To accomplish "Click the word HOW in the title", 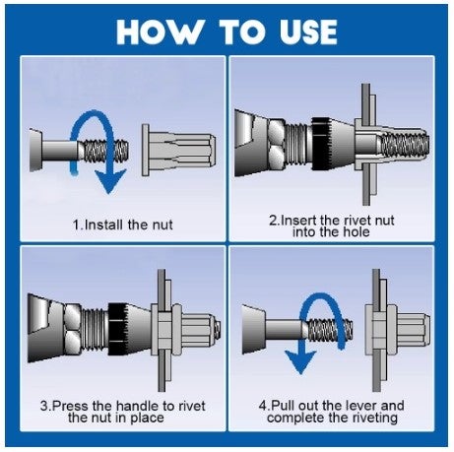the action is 160,32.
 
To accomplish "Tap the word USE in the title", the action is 308,32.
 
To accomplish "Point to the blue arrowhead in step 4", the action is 299,362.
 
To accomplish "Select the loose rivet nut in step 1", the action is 178,150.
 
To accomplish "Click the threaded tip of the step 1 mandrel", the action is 104,151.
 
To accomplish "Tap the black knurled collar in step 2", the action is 321,144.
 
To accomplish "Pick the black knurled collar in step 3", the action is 117,329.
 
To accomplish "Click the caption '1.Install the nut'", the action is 122,225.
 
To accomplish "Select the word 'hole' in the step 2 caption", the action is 356,232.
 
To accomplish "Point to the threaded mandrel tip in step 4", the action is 329,330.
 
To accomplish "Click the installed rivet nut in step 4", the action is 397,330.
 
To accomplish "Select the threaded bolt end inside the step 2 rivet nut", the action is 405,144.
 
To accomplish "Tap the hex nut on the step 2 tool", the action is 276,144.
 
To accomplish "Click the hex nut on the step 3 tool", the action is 72,329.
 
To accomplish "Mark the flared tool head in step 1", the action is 35,151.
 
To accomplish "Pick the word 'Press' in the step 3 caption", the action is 71,406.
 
